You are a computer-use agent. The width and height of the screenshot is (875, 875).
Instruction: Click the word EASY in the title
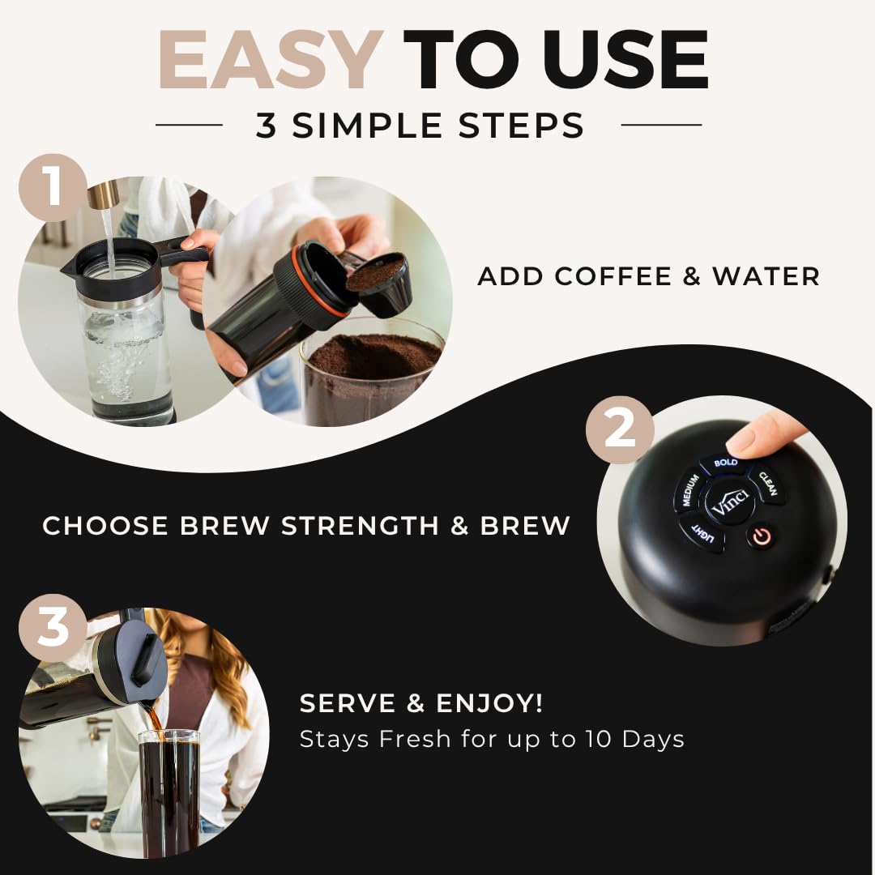(270, 60)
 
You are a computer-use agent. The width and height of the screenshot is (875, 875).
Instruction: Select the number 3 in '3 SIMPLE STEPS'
(267, 126)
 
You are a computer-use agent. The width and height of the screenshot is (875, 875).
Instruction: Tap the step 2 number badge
(620, 429)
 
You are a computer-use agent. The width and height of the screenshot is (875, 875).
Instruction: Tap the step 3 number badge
(53, 628)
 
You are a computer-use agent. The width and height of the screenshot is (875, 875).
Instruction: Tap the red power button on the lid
(759, 536)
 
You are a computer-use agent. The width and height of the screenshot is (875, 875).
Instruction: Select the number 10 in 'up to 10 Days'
(600, 739)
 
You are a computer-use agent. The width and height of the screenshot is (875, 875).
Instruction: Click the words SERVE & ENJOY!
(421, 703)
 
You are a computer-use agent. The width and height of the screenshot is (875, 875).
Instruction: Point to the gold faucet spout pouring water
(103, 194)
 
